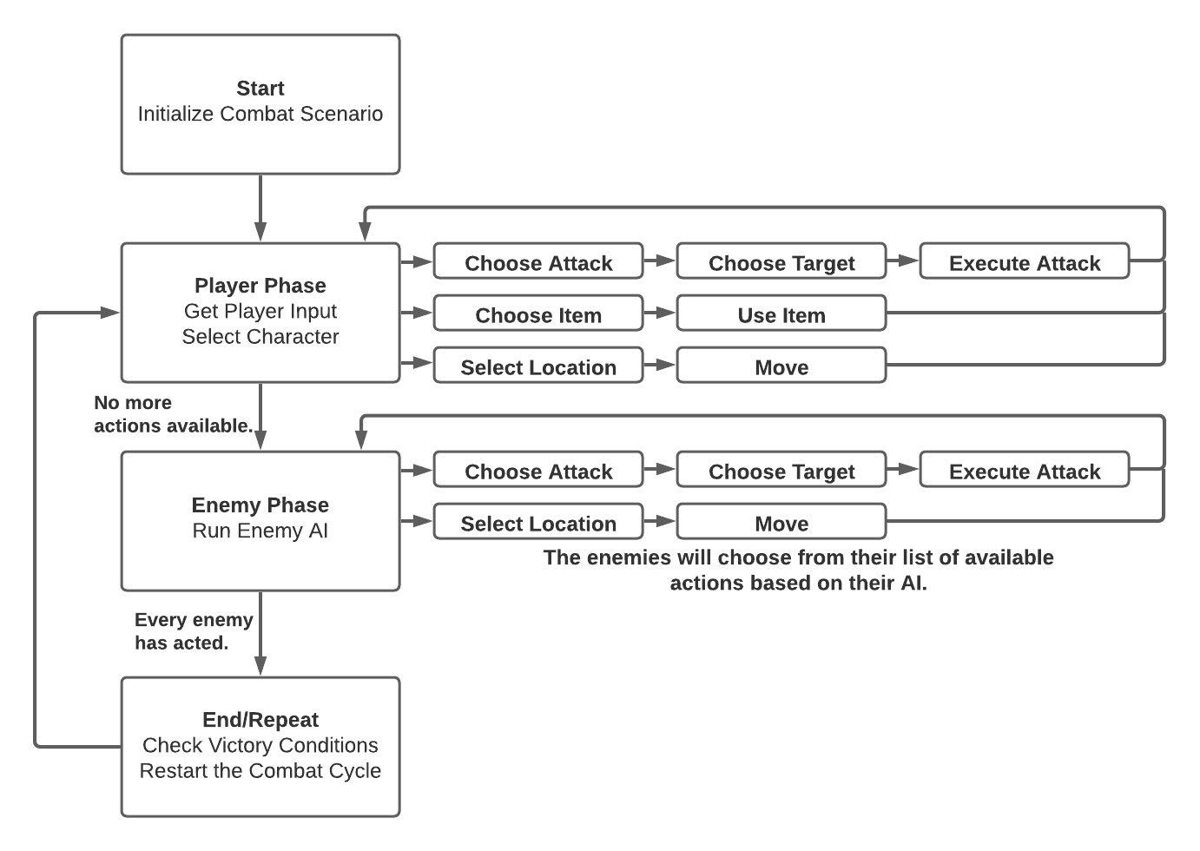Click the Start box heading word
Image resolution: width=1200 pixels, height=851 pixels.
pyautogui.click(x=260, y=89)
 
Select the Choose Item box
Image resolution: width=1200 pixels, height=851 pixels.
pyautogui.click(x=538, y=314)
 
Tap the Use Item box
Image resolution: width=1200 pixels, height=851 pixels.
pyautogui.click(x=781, y=314)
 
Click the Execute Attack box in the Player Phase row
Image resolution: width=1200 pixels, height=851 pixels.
pyautogui.click(x=1025, y=262)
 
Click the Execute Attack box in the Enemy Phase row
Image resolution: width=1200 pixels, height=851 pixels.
pyautogui.click(x=1025, y=471)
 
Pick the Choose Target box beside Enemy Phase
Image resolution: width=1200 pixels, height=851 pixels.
pyautogui.click(x=781, y=471)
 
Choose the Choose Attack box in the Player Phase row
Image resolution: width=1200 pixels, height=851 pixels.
pyautogui.click(x=538, y=262)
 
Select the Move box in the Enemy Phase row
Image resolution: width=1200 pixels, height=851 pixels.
pyautogui.click(x=781, y=523)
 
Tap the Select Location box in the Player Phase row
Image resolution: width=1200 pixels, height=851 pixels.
pyautogui.click(x=538, y=366)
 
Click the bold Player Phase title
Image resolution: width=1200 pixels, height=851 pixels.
pyautogui.click(x=260, y=286)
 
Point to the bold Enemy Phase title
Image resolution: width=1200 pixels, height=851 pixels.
pyautogui.click(x=260, y=505)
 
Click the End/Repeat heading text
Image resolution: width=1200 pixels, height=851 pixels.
pyautogui.click(x=260, y=720)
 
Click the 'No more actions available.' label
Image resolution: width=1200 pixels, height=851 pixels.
pyautogui.click(x=173, y=414)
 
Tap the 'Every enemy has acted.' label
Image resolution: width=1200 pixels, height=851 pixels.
pyautogui.click(x=194, y=631)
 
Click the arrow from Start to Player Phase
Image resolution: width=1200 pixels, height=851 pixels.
pyautogui.click(x=260, y=208)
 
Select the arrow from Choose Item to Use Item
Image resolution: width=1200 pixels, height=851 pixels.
pyautogui.click(x=660, y=313)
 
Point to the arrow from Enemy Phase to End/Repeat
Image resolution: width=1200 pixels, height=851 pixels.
pyautogui.click(x=260, y=634)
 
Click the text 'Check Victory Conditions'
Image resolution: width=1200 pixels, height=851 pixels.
pyautogui.click(x=260, y=745)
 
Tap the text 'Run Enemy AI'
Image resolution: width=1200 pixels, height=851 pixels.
pyautogui.click(x=260, y=531)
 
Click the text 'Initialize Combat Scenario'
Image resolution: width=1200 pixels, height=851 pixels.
pyautogui.click(x=260, y=114)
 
